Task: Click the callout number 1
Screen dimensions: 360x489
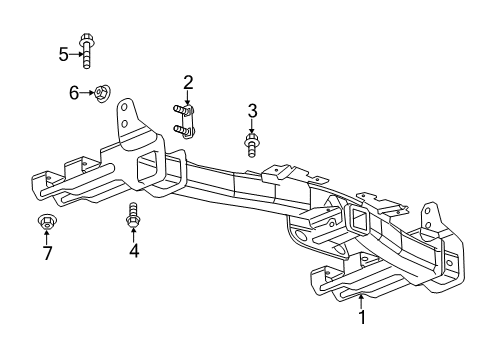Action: coord(362,320)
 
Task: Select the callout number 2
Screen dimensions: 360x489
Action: coord(188,83)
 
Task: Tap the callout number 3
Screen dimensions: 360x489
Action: coord(253,110)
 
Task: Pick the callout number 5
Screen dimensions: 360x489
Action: coord(64,54)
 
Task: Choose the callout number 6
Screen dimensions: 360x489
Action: coord(73,93)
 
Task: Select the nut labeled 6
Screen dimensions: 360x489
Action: coord(101,94)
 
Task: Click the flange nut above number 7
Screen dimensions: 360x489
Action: coord(46,222)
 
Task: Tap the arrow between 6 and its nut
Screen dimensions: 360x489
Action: coord(86,93)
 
